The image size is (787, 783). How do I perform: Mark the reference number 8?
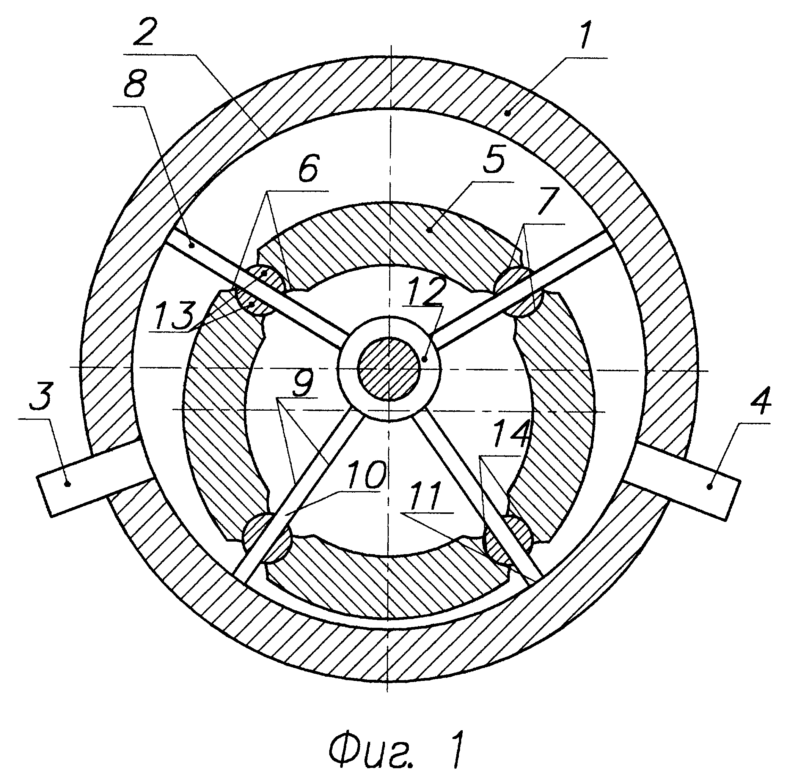[x=134, y=87]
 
